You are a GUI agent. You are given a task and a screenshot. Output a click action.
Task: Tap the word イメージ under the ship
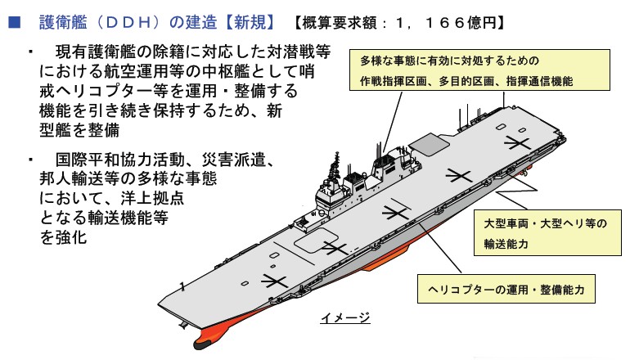[345, 317]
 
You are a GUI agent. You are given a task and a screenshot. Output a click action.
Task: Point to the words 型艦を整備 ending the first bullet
[85, 129]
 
